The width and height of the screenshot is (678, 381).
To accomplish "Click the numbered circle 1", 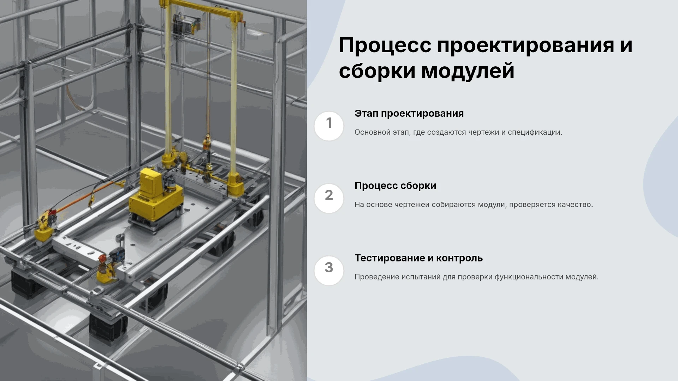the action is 329,126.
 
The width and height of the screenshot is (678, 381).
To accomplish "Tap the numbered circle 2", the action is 329,198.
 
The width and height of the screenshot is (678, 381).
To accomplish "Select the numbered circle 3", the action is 329,271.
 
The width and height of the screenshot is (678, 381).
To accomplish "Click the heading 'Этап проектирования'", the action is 409,114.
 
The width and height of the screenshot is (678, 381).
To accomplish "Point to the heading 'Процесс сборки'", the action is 395,186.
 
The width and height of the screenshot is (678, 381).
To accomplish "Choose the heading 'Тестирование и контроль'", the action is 418,258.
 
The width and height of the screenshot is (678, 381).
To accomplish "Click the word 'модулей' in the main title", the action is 468,71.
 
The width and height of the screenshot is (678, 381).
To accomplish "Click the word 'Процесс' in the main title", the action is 385,46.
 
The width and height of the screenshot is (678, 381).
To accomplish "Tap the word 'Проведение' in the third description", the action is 376,277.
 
